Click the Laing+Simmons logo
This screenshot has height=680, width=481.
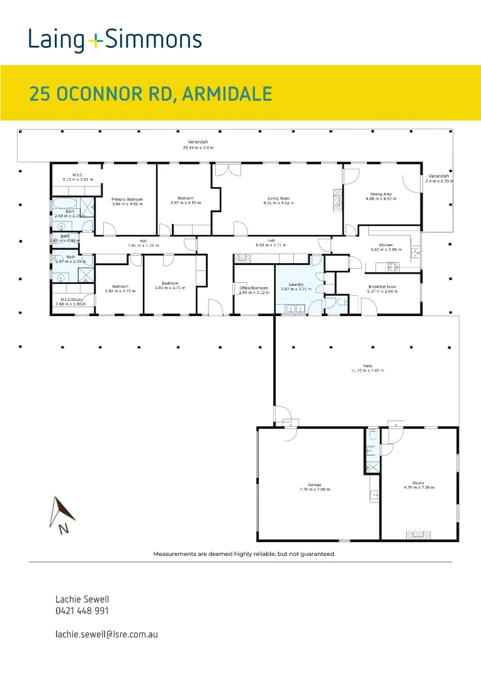(115, 40)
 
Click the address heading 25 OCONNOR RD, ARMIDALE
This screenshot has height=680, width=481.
(150, 94)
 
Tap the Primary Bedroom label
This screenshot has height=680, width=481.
(127, 199)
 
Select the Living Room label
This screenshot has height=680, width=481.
(278, 198)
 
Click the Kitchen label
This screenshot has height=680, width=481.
(386, 244)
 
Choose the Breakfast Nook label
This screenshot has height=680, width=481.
(382, 286)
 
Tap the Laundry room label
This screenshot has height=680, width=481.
(297, 284)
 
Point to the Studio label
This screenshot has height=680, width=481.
(419, 482)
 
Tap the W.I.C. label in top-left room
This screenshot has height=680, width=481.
(78, 175)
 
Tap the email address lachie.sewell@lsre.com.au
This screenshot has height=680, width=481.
(106, 634)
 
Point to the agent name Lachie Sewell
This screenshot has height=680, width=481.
(77, 599)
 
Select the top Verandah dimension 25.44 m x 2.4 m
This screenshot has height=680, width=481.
(198, 147)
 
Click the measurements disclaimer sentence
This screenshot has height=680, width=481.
(244, 554)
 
